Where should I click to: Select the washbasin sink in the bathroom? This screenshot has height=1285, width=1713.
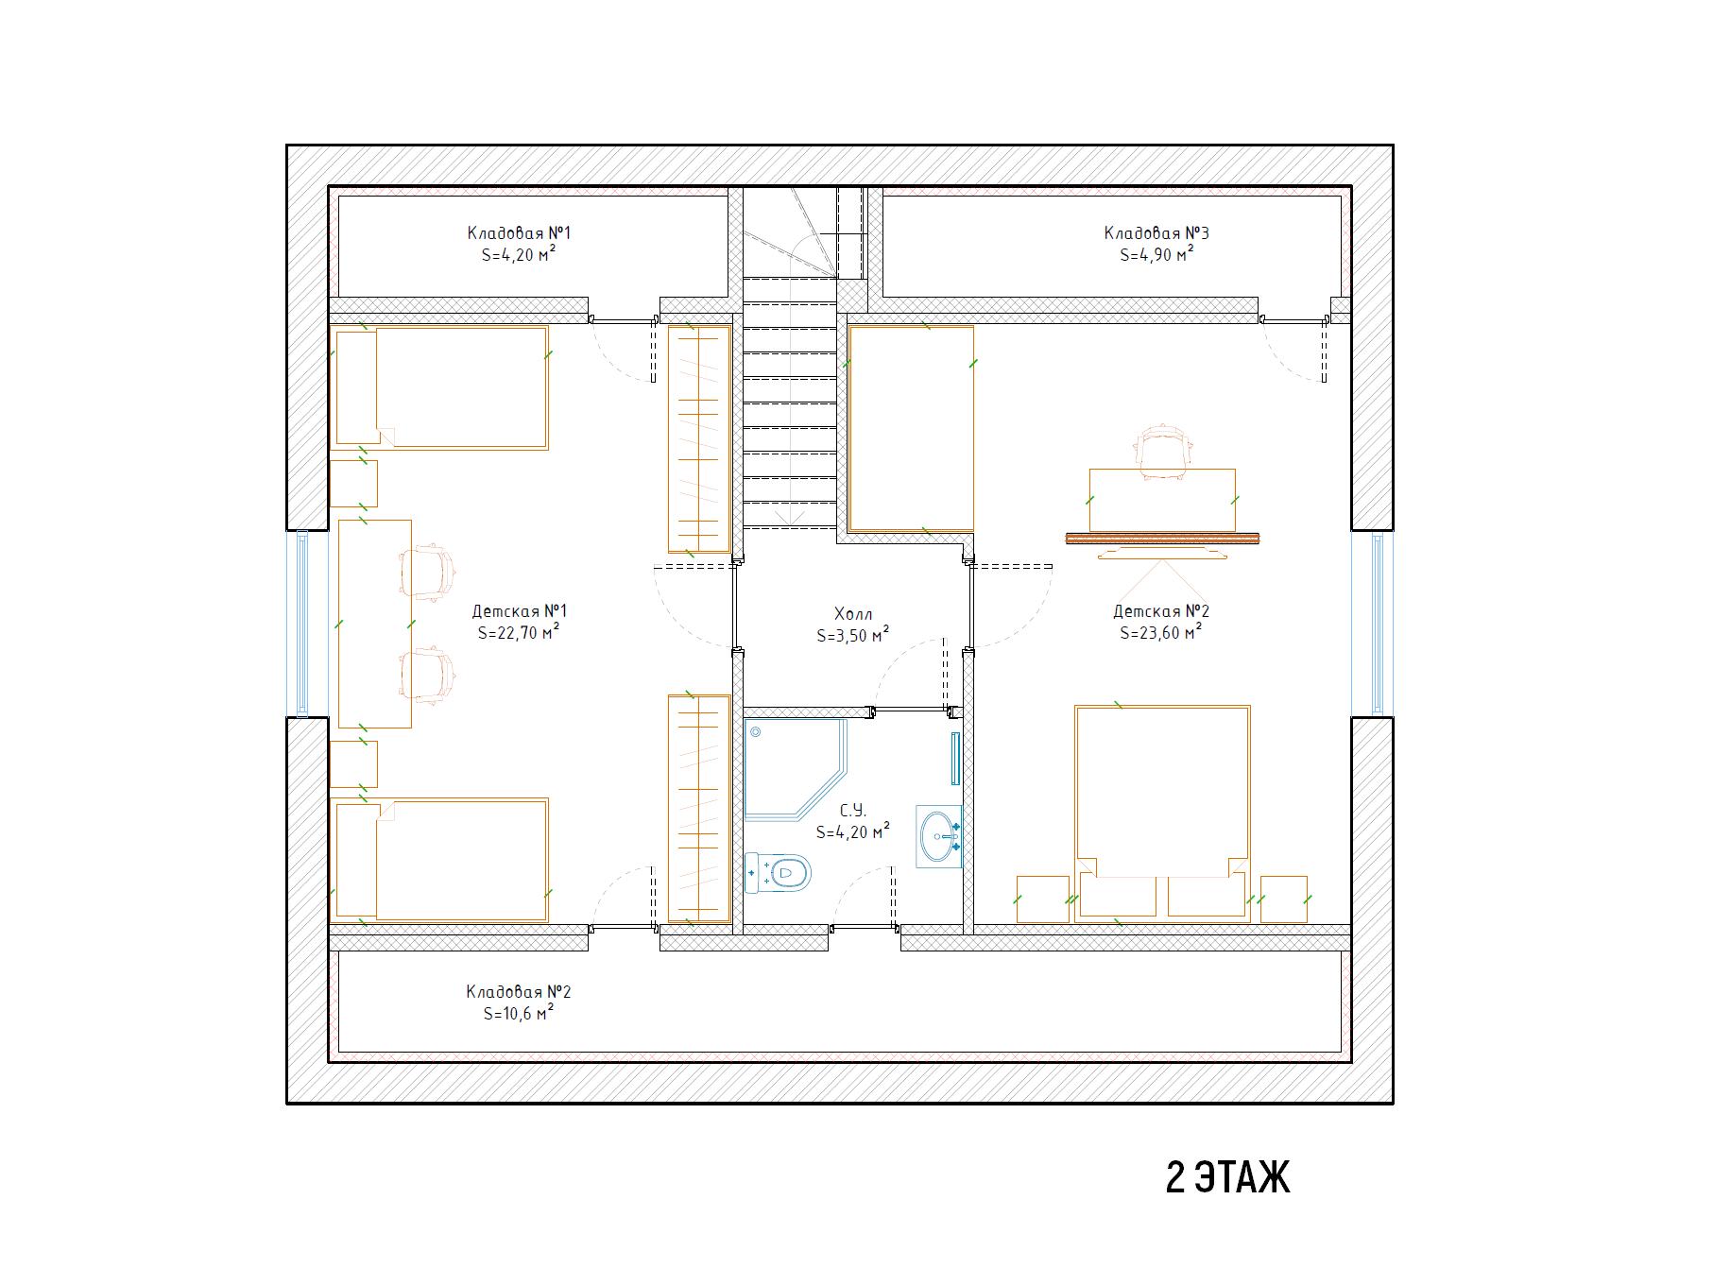pos(938,836)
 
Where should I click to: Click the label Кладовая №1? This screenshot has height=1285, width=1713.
pos(519,233)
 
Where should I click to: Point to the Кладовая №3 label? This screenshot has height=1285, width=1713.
pos(1156,233)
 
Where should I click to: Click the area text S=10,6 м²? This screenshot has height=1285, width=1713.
pos(518,1013)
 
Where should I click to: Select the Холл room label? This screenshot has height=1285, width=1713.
pos(853,614)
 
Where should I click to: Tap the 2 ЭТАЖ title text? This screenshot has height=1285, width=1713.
pos(1227,1178)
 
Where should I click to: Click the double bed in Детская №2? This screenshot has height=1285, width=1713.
pos(1162,812)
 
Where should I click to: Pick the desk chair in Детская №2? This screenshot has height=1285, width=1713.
pos(1161,452)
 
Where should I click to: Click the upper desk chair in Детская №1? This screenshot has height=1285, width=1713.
pos(429,573)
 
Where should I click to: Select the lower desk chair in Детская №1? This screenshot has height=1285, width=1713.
pos(429,675)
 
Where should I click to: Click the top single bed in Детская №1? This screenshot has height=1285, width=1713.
pos(441,387)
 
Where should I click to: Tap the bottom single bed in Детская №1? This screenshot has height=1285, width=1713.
pos(441,860)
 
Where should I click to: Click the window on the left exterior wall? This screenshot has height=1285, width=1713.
pos(302,623)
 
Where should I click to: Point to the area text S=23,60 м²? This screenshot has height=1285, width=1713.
pos(1161,633)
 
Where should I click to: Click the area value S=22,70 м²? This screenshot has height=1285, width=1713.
pos(519,633)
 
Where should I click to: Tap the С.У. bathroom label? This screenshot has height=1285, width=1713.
pos(852,811)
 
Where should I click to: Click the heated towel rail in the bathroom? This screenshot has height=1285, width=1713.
pos(955,758)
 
